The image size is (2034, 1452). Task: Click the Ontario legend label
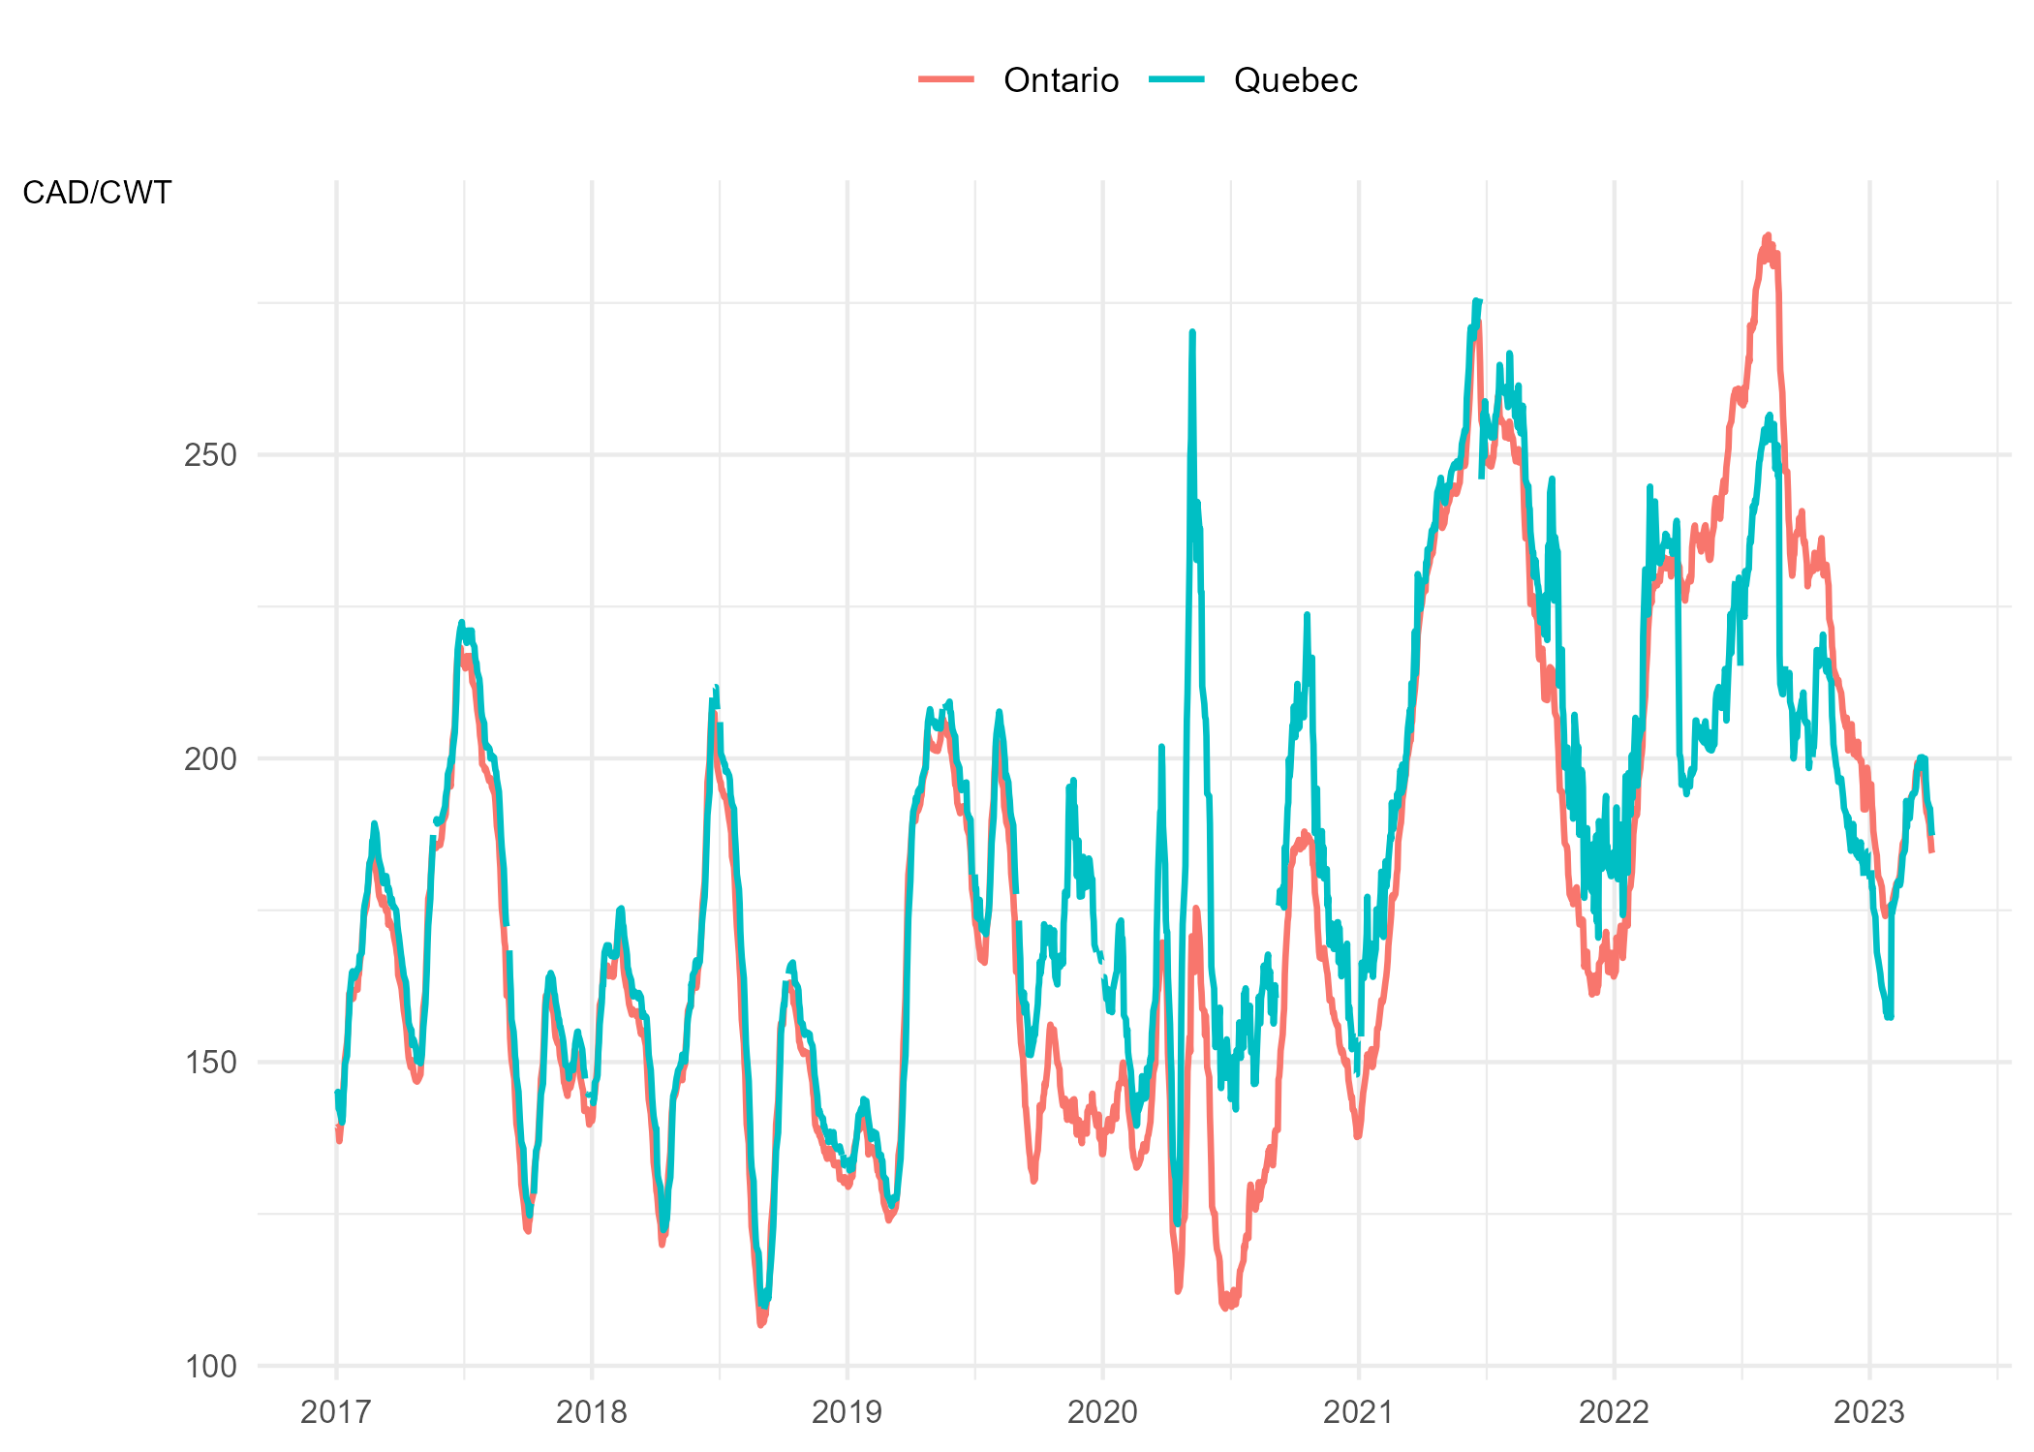click(1061, 80)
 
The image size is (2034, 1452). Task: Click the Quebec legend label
click(1295, 80)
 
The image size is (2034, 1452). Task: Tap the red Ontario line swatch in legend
click(946, 79)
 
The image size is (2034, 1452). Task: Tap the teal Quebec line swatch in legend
click(1177, 79)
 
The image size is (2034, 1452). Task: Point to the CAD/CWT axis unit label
click(97, 193)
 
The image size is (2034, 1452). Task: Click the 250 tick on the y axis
click(210, 454)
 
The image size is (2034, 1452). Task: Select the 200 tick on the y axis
click(210, 758)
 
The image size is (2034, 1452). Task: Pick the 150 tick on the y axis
click(210, 1063)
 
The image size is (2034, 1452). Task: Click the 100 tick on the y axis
click(210, 1367)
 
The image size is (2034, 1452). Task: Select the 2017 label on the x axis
click(336, 1412)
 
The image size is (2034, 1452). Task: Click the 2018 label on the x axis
click(592, 1412)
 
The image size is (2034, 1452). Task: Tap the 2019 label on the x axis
click(847, 1412)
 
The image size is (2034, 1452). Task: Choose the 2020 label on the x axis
click(1102, 1412)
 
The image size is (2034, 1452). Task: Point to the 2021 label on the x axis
click(1358, 1412)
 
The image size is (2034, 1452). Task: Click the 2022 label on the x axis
click(1614, 1412)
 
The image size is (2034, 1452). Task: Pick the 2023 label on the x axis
click(1869, 1412)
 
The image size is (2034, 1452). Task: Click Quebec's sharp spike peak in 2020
click(1192, 332)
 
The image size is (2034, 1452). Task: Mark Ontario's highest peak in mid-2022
click(1768, 235)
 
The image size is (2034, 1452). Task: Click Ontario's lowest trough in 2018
click(761, 1324)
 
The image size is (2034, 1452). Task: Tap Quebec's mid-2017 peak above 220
click(462, 622)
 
